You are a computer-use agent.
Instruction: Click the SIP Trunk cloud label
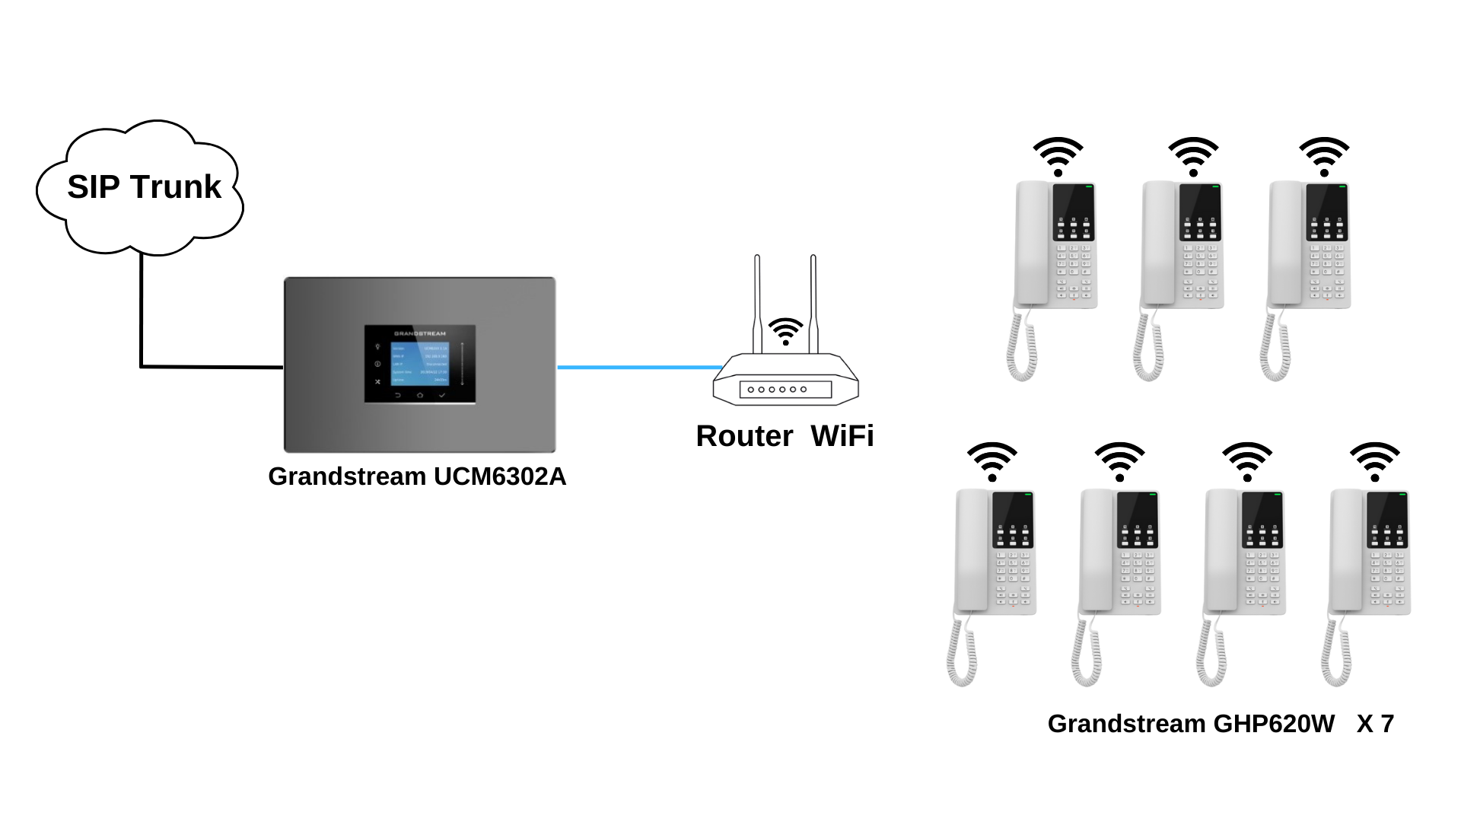(144, 187)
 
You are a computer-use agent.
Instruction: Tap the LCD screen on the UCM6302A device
(420, 363)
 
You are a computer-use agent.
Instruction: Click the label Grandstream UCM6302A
(417, 476)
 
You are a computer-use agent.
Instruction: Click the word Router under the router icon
(744, 436)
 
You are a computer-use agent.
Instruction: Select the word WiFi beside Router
(842, 436)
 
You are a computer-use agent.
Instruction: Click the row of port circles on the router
(777, 390)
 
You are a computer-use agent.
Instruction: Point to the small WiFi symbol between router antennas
(785, 331)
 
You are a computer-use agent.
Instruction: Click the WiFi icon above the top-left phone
(1058, 156)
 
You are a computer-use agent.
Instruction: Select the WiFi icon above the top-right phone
(1324, 156)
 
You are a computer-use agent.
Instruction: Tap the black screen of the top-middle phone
(1200, 202)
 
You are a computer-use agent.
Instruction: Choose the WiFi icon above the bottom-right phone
(1374, 461)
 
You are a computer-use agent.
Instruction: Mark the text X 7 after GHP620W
(1375, 724)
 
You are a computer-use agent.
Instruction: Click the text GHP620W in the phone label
(1273, 724)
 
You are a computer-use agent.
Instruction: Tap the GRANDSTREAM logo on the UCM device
(420, 333)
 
